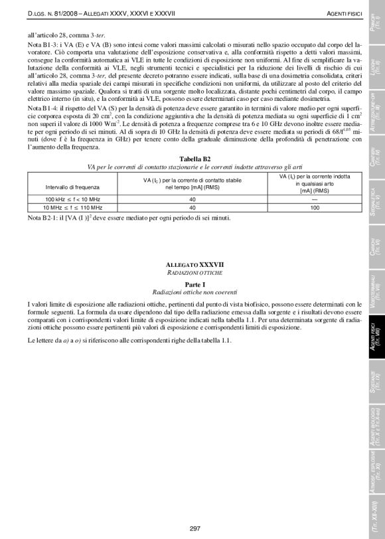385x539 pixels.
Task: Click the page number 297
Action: [x=194, y=528]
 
